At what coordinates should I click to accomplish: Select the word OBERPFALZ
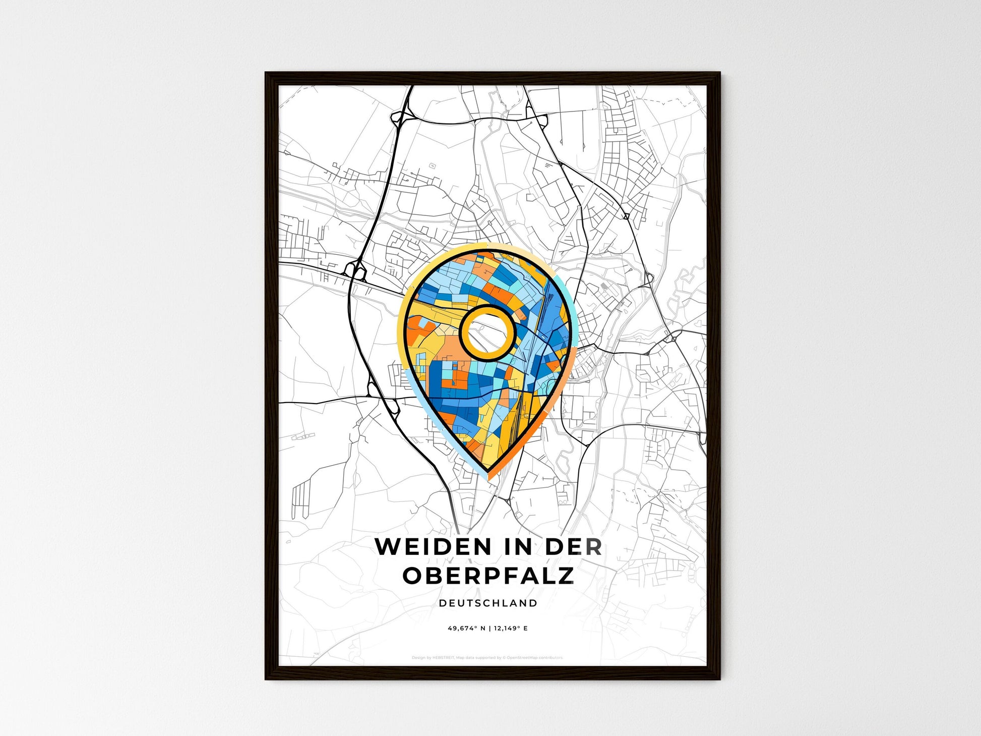(x=488, y=576)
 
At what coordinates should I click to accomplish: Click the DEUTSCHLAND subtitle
(x=488, y=603)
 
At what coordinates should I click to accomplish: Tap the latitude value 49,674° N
(x=466, y=629)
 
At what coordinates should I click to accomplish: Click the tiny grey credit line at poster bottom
(x=487, y=658)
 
